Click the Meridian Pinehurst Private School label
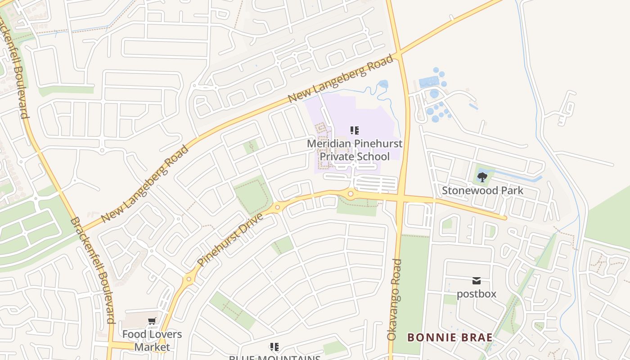coord(354,150)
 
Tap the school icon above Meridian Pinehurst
coord(355,131)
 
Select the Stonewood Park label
coord(482,190)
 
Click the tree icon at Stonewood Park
coord(482,177)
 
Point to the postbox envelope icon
coord(476,281)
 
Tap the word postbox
coord(476,294)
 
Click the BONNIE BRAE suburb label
coord(450,337)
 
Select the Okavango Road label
coord(394,299)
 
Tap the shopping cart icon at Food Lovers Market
coord(152,321)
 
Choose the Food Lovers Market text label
coord(152,341)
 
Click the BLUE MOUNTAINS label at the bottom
coord(274,358)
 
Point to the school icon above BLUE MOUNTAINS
coord(274,347)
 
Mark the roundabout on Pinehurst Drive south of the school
coord(351,194)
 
